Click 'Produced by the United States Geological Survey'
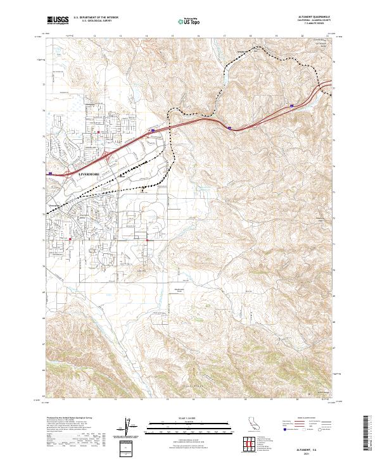tap(66, 418)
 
